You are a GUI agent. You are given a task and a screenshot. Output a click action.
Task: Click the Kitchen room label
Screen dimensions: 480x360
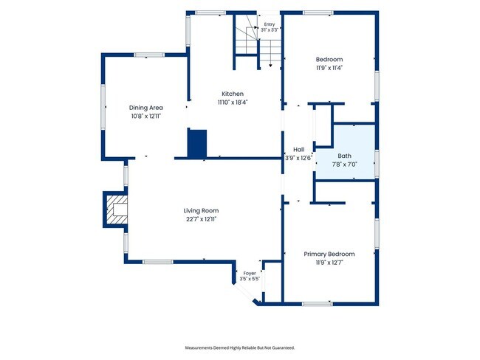coord(233,94)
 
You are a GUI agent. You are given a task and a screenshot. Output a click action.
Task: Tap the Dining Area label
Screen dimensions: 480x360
coord(146,108)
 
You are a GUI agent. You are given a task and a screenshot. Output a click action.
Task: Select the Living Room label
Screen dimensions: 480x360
coord(201,210)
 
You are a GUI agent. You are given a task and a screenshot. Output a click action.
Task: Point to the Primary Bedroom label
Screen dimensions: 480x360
coord(329,254)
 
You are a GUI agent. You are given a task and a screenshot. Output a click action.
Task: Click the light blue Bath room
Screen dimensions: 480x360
coord(345,151)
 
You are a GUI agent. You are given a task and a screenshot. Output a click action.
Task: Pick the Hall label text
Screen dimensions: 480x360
coord(299,150)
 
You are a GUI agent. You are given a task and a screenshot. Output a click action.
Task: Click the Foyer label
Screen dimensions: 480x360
coord(250,273)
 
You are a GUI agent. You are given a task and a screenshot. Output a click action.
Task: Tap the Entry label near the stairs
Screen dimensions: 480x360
coord(270,24)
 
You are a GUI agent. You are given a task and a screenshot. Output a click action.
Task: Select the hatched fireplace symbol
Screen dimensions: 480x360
coord(116,210)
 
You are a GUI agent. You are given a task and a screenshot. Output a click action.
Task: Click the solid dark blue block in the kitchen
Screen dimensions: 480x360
coord(197,143)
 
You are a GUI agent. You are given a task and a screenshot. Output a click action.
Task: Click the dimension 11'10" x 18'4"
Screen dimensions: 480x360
coord(233,103)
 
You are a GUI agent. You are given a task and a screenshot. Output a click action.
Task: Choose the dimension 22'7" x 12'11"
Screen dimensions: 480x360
coord(201,219)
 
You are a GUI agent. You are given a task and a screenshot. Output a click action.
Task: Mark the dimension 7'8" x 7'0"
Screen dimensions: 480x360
coord(345,165)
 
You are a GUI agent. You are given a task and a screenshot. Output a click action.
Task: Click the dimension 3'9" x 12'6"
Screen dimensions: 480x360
coord(299,158)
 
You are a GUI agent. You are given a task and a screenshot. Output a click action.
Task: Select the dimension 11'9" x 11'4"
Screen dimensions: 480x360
coord(329,68)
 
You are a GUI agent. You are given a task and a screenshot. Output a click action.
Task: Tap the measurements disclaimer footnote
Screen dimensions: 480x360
coord(240,347)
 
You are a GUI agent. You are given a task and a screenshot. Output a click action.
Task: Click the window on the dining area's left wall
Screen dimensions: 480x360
coord(103,107)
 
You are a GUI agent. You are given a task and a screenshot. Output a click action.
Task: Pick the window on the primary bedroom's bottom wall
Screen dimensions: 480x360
coord(318,304)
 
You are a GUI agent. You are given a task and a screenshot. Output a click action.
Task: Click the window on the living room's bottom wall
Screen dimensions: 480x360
coord(158,262)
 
